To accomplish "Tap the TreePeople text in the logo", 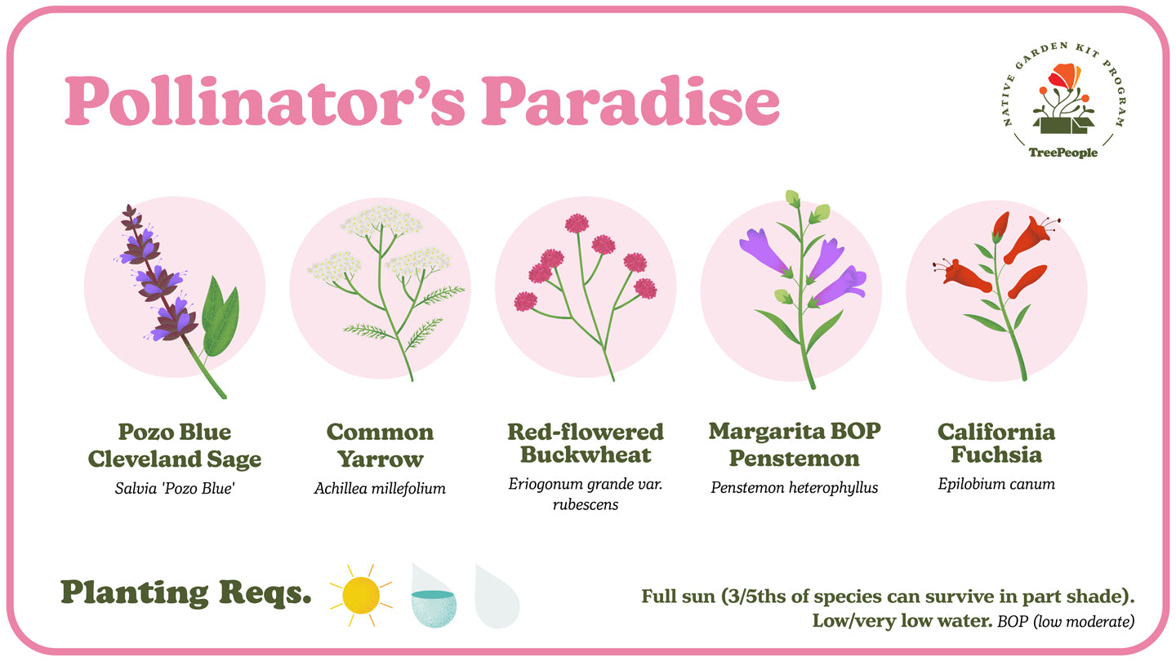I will tap(1062, 153).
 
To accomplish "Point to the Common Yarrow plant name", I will tap(380, 445).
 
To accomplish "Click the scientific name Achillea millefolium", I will tap(380, 489).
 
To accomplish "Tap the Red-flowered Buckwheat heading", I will tap(585, 443).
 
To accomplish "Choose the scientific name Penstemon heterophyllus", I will tap(794, 488).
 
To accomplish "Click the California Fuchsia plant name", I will tap(996, 443).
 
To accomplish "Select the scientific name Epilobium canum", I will tap(996, 484).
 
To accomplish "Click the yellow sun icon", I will tap(360, 595).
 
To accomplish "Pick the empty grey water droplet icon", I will tap(497, 596).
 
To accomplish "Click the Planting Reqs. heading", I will tap(186, 594).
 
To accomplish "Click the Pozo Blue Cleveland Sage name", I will tap(174, 445).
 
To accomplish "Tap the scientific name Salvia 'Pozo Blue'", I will tap(174, 489).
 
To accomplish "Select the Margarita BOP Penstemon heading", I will tap(794, 444).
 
